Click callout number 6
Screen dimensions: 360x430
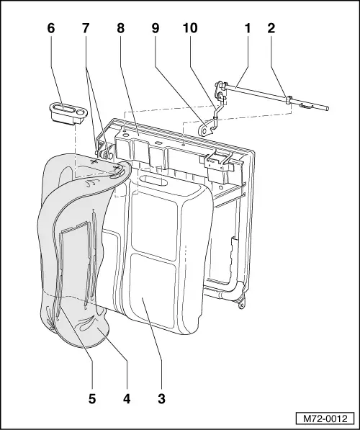pos(51,28)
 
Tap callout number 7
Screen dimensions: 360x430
pos(86,28)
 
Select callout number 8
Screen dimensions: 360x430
pos(121,28)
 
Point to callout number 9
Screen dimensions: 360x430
pos(156,28)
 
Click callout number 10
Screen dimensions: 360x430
pos(190,28)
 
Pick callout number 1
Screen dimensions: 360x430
pos(248,28)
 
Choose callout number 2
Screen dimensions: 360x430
pos(271,28)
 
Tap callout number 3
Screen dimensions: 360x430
pos(162,398)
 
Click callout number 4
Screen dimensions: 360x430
pos(127,398)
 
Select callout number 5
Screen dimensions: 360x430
pos(92,398)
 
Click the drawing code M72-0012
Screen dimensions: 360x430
pos(325,418)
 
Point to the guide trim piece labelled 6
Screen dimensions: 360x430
pos(68,113)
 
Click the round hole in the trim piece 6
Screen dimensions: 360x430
pos(81,112)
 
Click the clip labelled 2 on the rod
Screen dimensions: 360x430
pos(289,100)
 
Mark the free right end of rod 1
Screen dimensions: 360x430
pos(327,109)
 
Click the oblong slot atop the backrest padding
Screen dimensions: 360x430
pos(152,181)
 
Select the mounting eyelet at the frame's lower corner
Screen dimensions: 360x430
pos(240,305)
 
